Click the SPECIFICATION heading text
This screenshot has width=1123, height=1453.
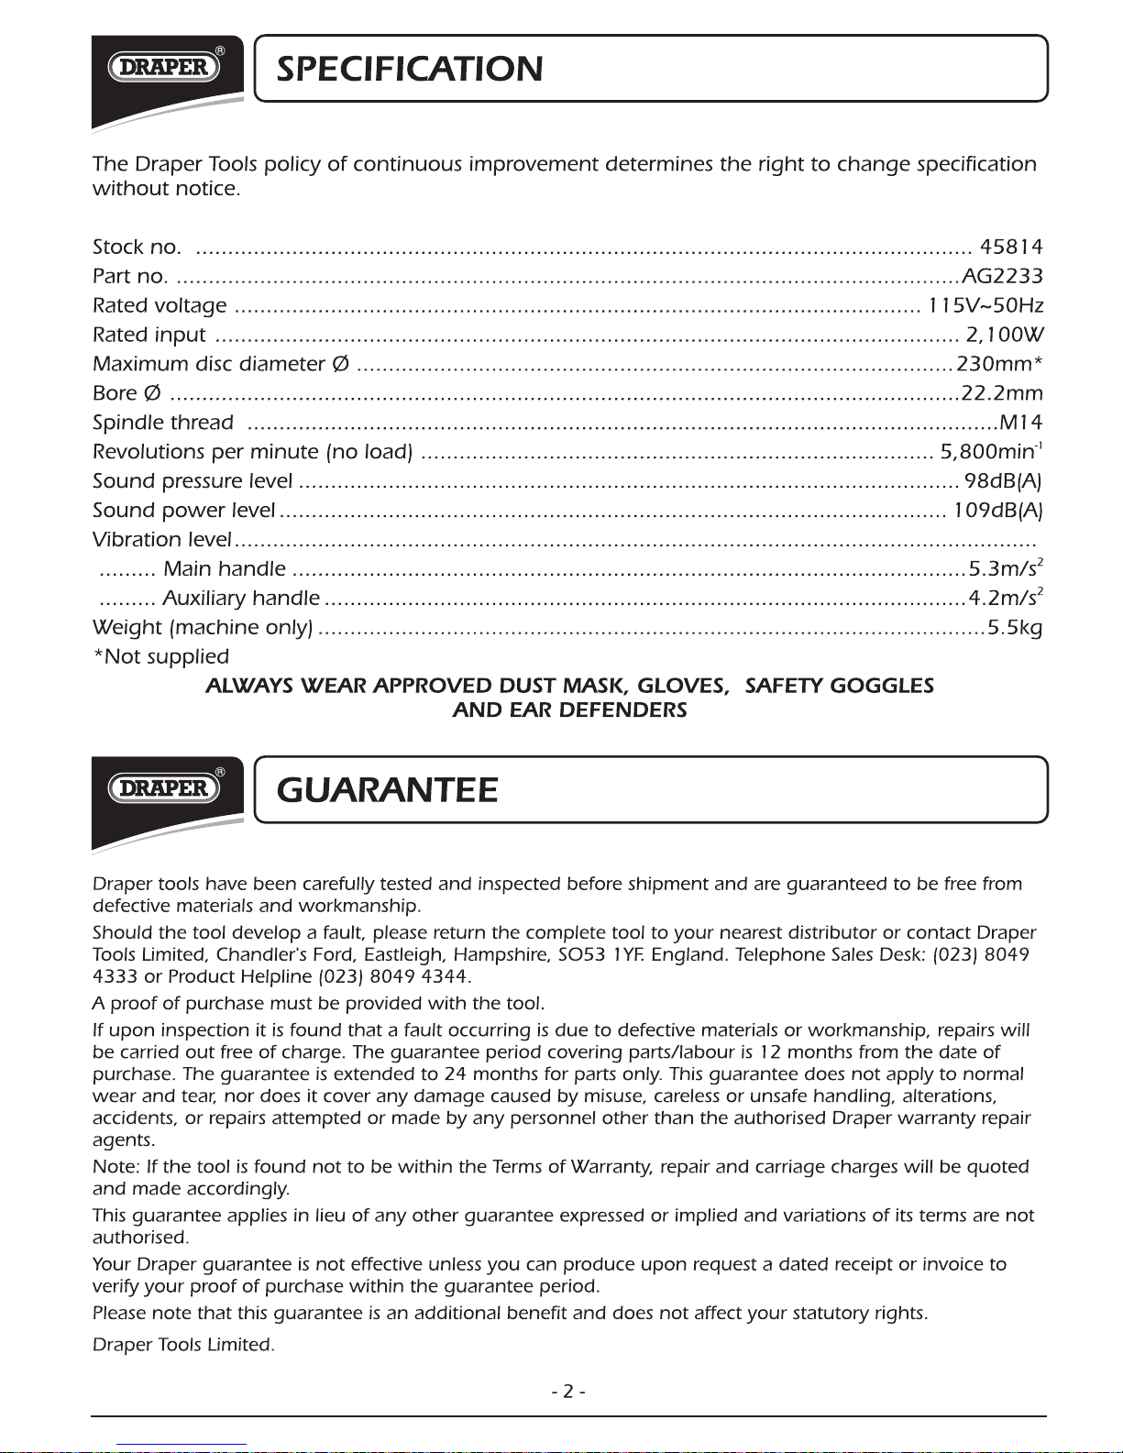409,69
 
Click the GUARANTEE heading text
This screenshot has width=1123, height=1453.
387,789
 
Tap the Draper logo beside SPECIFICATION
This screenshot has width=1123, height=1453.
165,67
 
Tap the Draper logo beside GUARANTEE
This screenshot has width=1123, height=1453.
165,787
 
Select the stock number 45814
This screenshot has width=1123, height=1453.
1011,247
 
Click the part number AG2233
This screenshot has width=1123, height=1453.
1002,276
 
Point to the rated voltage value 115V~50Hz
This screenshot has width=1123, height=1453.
985,305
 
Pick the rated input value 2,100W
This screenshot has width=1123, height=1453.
1005,335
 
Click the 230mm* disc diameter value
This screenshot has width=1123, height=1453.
999,364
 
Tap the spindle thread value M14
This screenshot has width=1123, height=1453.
1021,423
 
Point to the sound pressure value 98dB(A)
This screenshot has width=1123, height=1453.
1003,481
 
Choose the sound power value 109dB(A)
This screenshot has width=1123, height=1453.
997,511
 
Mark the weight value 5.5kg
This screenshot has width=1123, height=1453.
1014,628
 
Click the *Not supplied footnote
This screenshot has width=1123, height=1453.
161,656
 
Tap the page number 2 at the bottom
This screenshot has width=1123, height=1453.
568,1391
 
